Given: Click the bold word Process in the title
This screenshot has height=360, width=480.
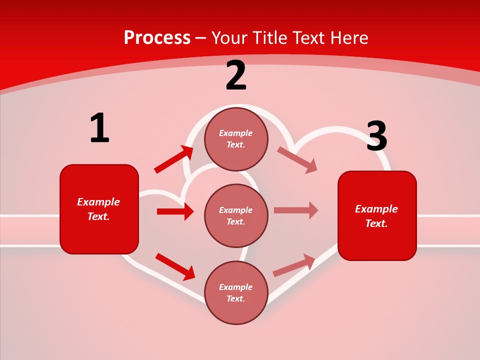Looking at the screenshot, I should pos(157,38).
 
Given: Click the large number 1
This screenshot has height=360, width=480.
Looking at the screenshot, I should pos(99,128).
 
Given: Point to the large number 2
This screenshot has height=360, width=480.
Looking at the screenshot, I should pos(236,76).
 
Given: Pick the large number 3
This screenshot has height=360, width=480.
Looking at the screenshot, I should pos(376,136).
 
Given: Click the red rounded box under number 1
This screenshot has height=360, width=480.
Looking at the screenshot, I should pos(99,209).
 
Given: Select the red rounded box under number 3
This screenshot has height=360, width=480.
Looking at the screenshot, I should pos(377,216).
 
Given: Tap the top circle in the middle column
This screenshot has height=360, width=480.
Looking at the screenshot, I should pos(236,139).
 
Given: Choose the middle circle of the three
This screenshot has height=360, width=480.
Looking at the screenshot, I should pos(236,215).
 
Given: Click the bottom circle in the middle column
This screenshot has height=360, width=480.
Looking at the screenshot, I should pos(236,292).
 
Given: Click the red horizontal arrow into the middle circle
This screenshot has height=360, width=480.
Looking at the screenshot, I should pos(175,211).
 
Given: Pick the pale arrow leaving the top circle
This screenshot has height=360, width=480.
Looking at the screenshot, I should pos(297,159).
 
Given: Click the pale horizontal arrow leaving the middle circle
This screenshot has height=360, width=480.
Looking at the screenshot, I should pos(296,210).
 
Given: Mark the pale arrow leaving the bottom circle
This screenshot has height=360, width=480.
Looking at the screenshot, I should pos(294,265).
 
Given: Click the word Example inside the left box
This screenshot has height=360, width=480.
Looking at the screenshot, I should pos(98,202).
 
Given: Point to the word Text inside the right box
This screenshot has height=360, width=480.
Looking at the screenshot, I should pos(376,223).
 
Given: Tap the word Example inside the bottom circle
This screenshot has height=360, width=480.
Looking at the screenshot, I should pos(236,287).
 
